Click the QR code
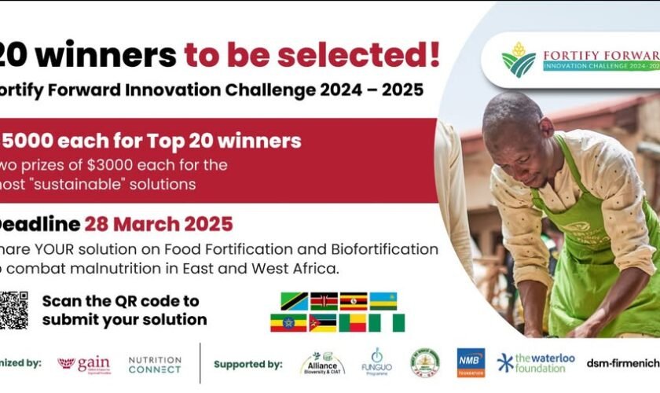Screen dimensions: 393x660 13,310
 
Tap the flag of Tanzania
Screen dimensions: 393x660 294,301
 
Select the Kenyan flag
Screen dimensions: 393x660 324,301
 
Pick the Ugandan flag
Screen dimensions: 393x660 354,301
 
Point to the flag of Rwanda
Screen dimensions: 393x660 383,301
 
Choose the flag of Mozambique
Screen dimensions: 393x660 323,322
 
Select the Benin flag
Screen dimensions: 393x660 353,322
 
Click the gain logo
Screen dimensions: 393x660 84,365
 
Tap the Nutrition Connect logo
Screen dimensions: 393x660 155,365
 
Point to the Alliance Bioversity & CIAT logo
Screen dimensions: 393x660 322,364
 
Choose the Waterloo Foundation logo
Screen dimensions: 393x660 537,362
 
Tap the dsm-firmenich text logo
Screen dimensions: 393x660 622,363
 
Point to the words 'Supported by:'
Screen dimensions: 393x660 247,365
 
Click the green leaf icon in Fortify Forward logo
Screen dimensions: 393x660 519,59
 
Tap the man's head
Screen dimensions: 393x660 515,130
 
